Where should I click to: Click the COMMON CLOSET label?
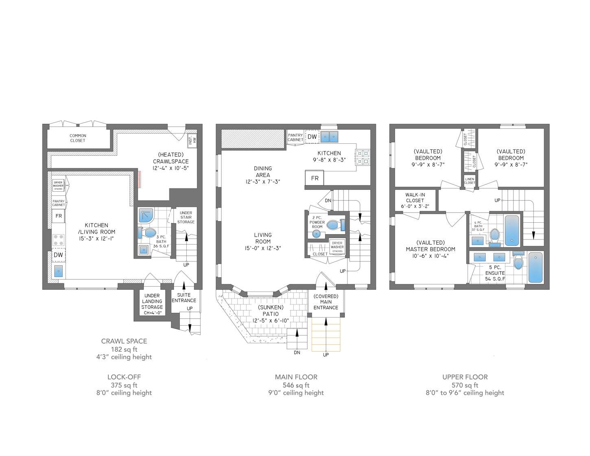(x=78, y=138)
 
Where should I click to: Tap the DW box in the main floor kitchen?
(x=312, y=137)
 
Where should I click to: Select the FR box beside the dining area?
(x=315, y=178)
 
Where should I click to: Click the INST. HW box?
(x=192, y=140)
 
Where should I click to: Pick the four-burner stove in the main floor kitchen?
(x=363, y=158)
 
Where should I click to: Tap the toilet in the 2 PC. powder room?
(x=334, y=225)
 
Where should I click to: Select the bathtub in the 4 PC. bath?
(x=512, y=230)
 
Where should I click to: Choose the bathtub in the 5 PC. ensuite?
(x=535, y=267)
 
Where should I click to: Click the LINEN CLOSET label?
(x=470, y=181)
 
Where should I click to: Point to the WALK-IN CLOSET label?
(x=415, y=200)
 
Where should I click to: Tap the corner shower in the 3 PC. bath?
(x=146, y=215)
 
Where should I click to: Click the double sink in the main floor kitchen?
(x=329, y=137)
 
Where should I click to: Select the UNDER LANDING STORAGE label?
(x=152, y=304)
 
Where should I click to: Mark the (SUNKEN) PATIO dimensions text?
(x=271, y=320)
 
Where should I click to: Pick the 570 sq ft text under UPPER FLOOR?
(x=465, y=385)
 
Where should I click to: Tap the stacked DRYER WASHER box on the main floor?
(x=337, y=247)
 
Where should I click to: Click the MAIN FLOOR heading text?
(x=296, y=377)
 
